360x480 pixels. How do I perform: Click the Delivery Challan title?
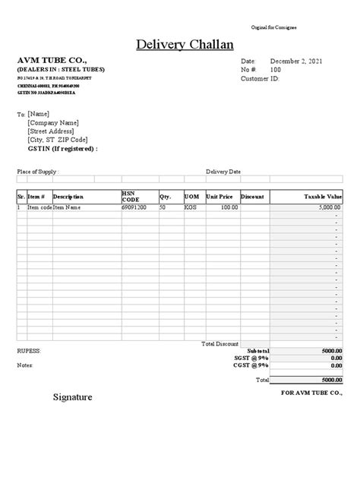[x=184, y=44]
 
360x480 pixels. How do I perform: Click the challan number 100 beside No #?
[x=276, y=69]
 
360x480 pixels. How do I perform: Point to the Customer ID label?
[x=260, y=78]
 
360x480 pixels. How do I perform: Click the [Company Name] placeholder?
[x=52, y=122]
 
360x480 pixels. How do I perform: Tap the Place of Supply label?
[x=37, y=172]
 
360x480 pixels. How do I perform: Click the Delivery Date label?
[x=223, y=172]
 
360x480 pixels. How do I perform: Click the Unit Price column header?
[x=222, y=197]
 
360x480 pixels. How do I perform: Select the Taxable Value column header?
[x=323, y=197]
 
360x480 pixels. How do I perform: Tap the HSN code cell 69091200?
[x=134, y=207]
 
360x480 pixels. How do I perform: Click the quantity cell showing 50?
[x=163, y=207]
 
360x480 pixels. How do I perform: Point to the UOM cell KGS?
[x=190, y=207]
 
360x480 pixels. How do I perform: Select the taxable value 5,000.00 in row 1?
[x=329, y=207]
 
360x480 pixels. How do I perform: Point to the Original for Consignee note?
[x=273, y=27]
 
